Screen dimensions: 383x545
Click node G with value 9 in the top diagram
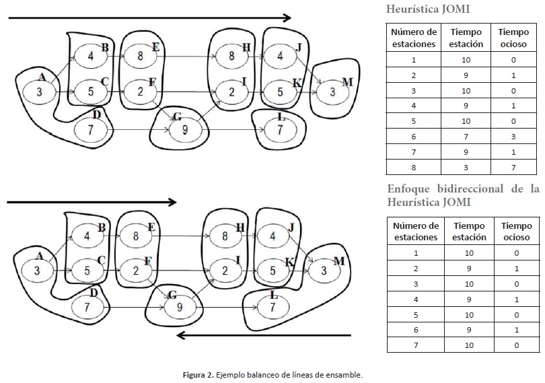pyautogui.click(x=180, y=130)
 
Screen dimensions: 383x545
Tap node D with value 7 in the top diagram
pyautogui.click(x=92, y=129)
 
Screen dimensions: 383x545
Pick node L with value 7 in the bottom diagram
pyautogui.click(x=272, y=307)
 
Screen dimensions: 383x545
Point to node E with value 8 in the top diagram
pyautogui.click(x=140, y=56)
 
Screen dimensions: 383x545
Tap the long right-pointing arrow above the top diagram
pyautogui.click(x=149, y=18)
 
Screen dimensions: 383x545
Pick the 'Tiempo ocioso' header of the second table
pyautogui.click(x=516, y=232)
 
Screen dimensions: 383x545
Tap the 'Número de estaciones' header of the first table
pyautogui.click(x=414, y=38)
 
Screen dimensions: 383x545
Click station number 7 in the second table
pyautogui.click(x=415, y=345)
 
